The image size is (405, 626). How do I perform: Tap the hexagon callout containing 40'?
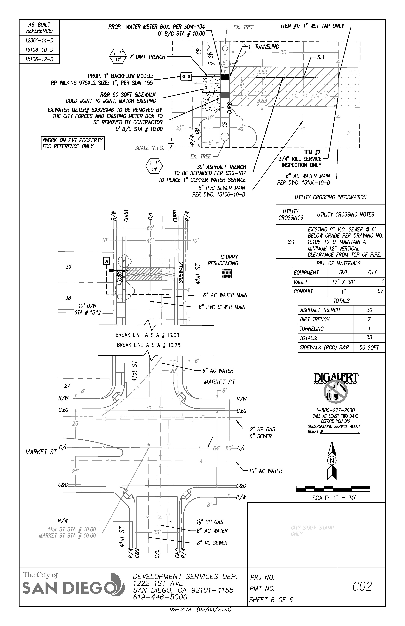click(x=154, y=166)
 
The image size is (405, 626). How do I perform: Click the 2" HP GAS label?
click(x=262, y=429)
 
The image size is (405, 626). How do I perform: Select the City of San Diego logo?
click(x=74, y=587)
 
